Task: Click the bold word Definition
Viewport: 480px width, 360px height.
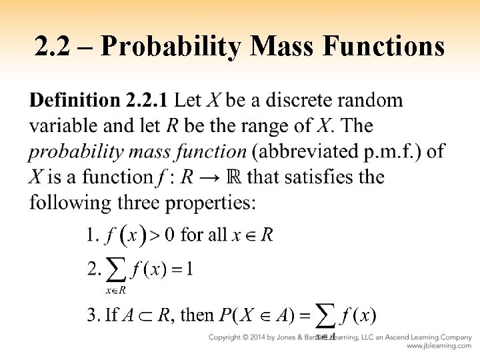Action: click(x=74, y=101)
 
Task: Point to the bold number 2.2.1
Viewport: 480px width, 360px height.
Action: click(x=147, y=101)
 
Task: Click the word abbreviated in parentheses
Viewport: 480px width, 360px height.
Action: click(x=307, y=151)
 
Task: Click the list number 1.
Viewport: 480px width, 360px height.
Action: click(x=93, y=235)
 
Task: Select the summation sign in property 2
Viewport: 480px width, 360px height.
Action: click(x=117, y=271)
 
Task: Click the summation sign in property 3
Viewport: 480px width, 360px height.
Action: click(x=325, y=315)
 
